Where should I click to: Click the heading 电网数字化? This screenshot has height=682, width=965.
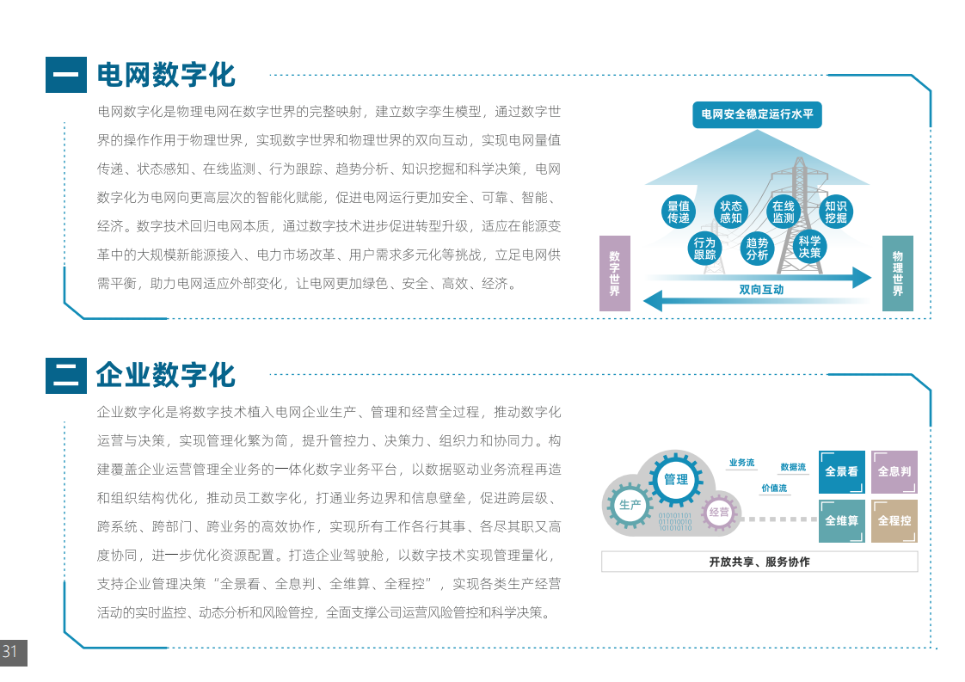166,75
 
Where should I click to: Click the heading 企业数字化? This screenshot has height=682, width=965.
166,375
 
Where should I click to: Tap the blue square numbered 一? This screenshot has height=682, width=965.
66,75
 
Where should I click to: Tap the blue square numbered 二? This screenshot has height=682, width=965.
66,376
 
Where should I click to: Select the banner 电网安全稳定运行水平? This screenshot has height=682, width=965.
757,114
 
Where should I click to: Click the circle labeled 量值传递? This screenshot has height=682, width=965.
679,212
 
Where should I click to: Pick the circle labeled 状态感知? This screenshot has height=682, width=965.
730,212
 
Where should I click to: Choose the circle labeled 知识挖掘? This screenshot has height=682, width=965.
836,212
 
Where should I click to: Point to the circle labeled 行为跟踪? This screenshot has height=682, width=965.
704,248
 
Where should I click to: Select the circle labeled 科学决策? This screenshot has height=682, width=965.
809,247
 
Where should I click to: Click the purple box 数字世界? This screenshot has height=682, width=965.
615,273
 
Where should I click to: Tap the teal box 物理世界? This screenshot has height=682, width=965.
898,273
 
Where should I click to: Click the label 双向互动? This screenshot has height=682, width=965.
761,289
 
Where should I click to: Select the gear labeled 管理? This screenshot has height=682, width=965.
676,479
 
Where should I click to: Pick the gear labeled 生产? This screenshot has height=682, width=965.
630,505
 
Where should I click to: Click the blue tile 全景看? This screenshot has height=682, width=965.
842,472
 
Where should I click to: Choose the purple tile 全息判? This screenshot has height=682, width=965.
894,472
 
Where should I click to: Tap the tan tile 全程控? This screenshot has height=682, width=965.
894,521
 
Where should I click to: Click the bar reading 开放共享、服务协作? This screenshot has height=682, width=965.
759,562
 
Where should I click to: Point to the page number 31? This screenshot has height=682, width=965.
9,651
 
